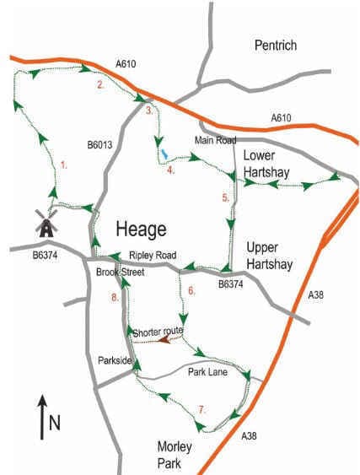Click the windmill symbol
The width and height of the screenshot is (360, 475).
pyautogui.click(x=46, y=223)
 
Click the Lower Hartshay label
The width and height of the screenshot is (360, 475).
pyautogui.click(x=266, y=165)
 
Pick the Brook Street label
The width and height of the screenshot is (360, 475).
pyautogui.click(x=120, y=273)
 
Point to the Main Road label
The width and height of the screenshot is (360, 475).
pyautogui.click(x=215, y=140)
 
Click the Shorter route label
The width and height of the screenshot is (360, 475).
pyautogui.click(x=158, y=331)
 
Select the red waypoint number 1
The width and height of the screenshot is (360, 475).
pyautogui.click(x=63, y=166)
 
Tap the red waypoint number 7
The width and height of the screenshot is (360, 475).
pyautogui.click(x=201, y=409)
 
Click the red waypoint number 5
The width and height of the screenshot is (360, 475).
pyautogui.click(x=225, y=197)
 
